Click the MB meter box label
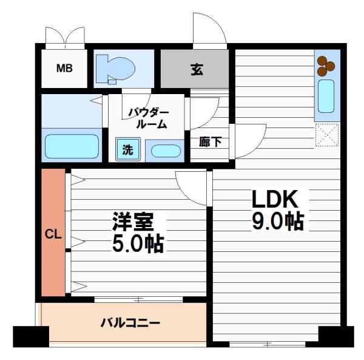point(64,68)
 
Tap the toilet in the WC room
point(115,69)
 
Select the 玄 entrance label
point(197,69)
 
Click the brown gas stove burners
point(326,66)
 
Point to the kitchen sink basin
point(326,96)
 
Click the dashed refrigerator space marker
point(327,135)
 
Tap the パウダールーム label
point(149,118)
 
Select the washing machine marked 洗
point(128,149)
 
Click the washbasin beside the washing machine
point(166,151)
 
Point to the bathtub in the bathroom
point(72,146)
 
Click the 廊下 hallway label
point(211,141)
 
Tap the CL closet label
point(53,234)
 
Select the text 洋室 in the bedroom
point(133,222)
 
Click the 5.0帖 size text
point(138,244)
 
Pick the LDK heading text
point(275,199)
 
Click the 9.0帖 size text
point(278,221)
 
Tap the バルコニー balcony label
point(130,323)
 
